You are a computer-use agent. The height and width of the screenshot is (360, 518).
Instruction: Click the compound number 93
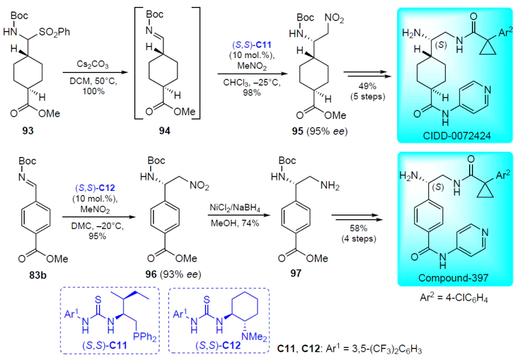(28, 131)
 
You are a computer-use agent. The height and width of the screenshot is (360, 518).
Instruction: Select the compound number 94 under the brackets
(165, 131)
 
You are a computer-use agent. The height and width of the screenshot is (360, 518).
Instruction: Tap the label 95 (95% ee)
(320, 131)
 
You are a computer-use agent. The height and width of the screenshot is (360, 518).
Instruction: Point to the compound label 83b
(38, 274)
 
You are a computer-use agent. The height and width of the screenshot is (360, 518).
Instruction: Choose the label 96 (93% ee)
(173, 274)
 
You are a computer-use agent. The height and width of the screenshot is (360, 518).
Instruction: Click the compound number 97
(296, 274)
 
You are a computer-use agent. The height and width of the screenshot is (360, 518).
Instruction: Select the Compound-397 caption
(454, 278)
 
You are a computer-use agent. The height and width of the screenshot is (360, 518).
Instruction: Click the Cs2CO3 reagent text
(93, 64)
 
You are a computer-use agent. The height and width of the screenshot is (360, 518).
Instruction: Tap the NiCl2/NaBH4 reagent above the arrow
(235, 208)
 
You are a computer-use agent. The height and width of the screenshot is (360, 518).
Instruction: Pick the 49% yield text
(367, 86)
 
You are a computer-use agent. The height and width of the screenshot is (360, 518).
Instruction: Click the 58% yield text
(359, 228)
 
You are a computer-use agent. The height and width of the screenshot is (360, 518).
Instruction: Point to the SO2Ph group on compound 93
(55, 32)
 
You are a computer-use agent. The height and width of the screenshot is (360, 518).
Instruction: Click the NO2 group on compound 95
(334, 18)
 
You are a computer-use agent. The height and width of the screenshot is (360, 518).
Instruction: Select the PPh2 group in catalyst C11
(144, 336)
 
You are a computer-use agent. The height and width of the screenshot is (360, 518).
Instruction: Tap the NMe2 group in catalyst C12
(254, 336)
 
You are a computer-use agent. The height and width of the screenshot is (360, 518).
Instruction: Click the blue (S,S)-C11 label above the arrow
(252, 44)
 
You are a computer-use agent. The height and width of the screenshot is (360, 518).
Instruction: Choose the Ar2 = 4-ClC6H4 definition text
(454, 298)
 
